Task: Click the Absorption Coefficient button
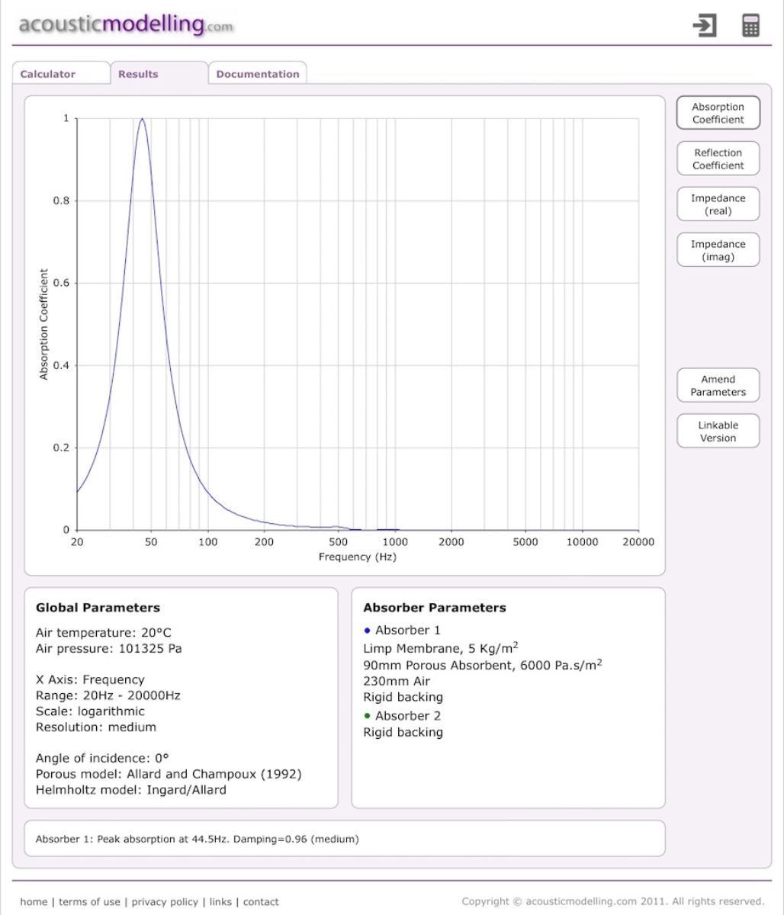click(718, 113)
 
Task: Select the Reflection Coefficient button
click(718, 159)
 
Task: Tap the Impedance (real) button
click(718, 204)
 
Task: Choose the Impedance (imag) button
click(718, 250)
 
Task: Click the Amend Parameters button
click(718, 386)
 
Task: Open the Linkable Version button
click(718, 432)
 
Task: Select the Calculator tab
click(48, 74)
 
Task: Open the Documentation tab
click(258, 74)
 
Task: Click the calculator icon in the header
click(750, 25)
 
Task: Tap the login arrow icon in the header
click(705, 25)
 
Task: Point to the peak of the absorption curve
click(142, 119)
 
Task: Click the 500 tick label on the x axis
click(339, 542)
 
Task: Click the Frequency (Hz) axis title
click(358, 557)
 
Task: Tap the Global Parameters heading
click(98, 608)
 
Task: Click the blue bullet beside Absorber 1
click(367, 630)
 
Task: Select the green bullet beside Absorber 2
click(367, 715)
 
